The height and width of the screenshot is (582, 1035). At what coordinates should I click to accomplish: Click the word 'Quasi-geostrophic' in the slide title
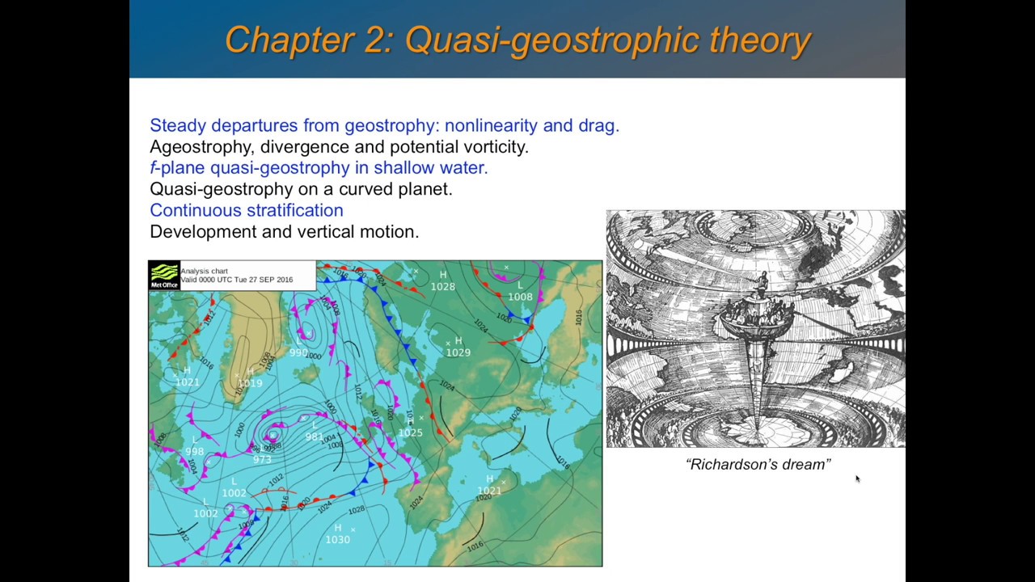click(x=552, y=40)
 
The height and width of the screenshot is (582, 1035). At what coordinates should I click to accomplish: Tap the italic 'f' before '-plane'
click(x=153, y=167)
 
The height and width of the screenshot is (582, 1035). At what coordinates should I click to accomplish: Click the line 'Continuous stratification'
click(x=247, y=210)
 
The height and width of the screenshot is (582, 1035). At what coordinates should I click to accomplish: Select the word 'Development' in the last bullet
click(x=203, y=231)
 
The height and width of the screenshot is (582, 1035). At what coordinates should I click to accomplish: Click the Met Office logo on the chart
click(x=164, y=275)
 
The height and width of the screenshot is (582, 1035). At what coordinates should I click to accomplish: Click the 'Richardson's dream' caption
click(x=758, y=464)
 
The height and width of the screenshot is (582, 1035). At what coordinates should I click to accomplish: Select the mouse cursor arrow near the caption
click(x=857, y=479)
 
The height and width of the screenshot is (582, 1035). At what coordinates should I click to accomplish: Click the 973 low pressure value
click(x=262, y=460)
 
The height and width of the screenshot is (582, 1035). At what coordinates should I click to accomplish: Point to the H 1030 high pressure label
click(x=338, y=534)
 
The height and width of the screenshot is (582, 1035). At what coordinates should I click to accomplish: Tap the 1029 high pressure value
click(x=458, y=352)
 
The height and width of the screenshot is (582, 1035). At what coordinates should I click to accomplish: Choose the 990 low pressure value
click(x=298, y=352)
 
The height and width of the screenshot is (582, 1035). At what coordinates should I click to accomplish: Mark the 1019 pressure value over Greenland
click(x=250, y=382)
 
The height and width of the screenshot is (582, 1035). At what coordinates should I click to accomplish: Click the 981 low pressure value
click(x=314, y=437)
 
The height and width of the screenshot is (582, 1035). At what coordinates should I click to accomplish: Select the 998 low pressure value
click(x=194, y=452)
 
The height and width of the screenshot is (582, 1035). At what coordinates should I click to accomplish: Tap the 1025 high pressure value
click(x=410, y=432)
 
